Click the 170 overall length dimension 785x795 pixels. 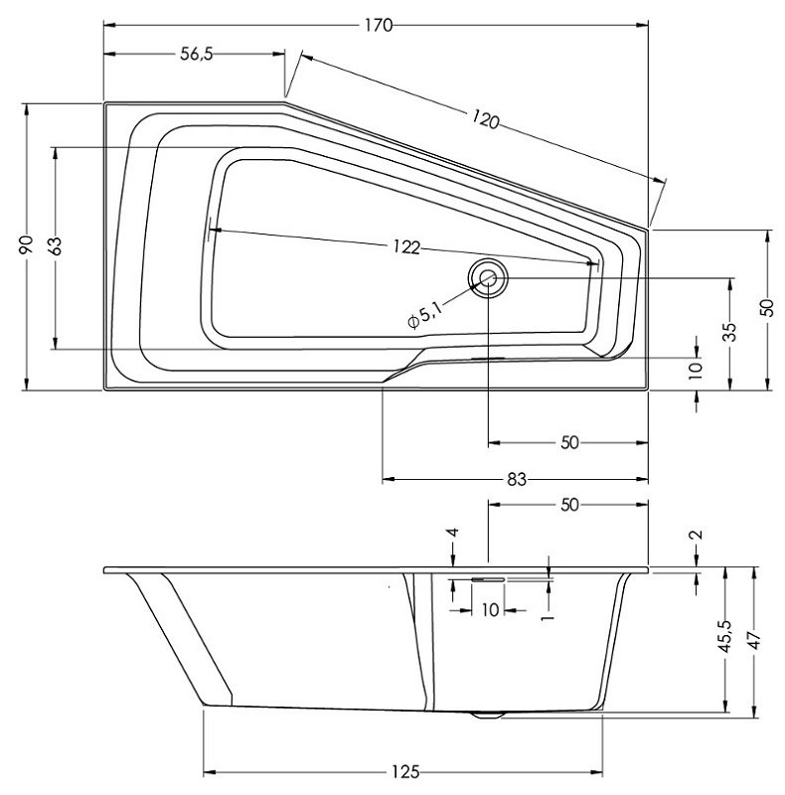[x=378, y=26]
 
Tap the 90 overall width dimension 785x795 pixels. [x=27, y=244]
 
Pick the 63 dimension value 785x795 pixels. [x=56, y=244]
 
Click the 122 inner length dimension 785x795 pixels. [x=404, y=246]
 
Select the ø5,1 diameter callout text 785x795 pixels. [x=424, y=317]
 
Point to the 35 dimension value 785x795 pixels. [x=730, y=331]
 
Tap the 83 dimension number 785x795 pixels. [x=516, y=479]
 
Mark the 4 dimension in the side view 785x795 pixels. [x=453, y=534]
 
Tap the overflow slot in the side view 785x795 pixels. [x=488, y=577]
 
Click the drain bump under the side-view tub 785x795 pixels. [x=487, y=713]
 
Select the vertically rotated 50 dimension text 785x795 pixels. [x=766, y=307]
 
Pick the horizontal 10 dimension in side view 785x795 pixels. [x=489, y=609]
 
